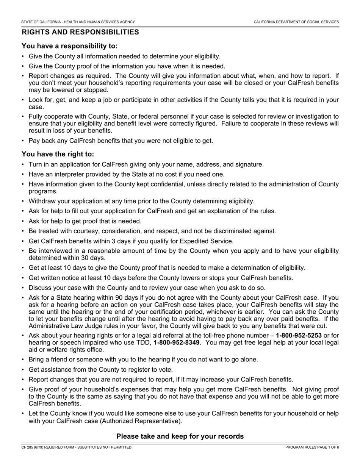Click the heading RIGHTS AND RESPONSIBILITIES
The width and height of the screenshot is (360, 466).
click(x=80, y=32)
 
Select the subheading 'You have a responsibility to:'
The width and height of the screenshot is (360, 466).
click(x=70, y=46)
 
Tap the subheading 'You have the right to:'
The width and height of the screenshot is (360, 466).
click(x=58, y=154)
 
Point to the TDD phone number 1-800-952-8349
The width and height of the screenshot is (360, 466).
click(x=177, y=342)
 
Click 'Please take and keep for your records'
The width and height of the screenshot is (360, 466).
click(x=180, y=436)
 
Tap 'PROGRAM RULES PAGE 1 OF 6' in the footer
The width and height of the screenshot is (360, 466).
click(x=312, y=447)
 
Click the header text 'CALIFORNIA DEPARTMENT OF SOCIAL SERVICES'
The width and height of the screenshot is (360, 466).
click(x=296, y=22)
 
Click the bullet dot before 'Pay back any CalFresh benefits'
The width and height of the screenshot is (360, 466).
click(x=23, y=141)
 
